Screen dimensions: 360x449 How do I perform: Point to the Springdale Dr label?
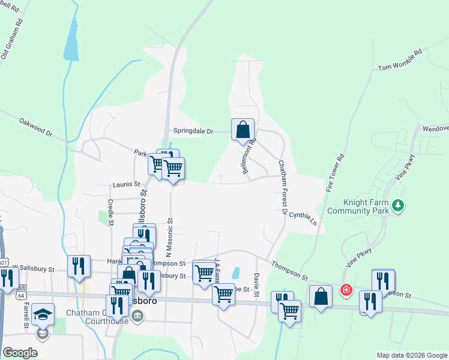pos(193,131)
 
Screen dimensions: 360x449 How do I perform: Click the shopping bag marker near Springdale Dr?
pos(243,129)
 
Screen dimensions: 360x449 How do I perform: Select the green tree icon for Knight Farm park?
pos(397,206)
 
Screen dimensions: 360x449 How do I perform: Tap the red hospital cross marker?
pos(346,290)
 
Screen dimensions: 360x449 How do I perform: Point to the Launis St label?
pos(126,185)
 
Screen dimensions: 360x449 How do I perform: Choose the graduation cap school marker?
pos(43,314)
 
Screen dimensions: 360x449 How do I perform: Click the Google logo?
pos(20,353)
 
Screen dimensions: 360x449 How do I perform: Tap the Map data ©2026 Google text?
pos(411,355)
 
